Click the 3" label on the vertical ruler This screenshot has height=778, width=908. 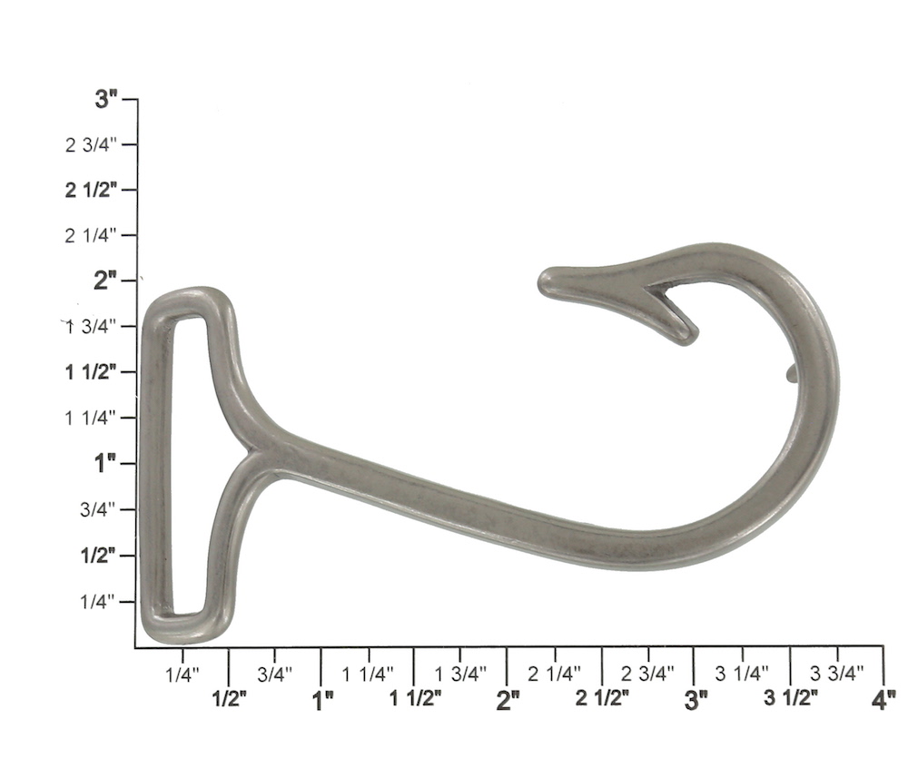[106, 99]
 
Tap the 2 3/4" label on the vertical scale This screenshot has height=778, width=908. [91, 144]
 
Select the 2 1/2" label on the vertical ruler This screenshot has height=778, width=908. [91, 190]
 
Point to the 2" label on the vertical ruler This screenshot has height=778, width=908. [105, 281]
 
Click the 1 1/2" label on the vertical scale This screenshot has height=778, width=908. [91, 371]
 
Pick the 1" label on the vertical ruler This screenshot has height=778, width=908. [105, 463]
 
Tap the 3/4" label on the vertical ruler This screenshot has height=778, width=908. [97, 509]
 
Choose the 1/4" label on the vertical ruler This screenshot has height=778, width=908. [97, 602]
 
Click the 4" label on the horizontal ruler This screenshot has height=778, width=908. [883, 701]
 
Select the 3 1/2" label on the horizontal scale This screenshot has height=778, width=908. [791, 698]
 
